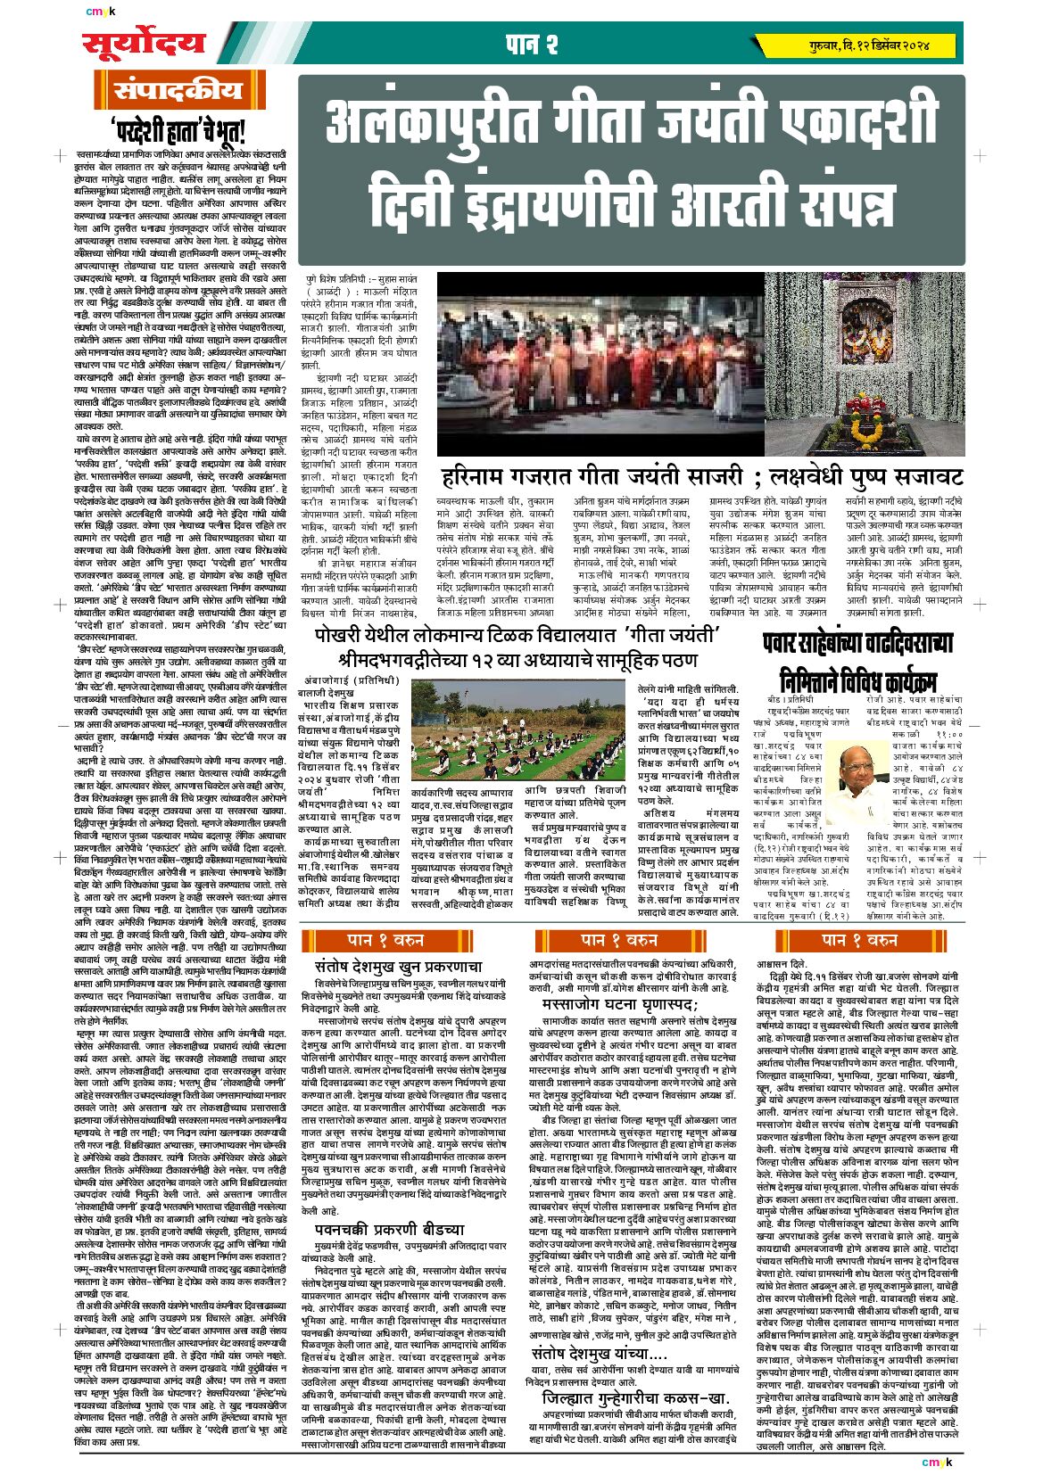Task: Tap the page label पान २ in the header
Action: [x=532, y=43]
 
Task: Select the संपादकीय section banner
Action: [x=178, y=91]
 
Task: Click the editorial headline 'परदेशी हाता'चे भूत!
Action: [x=178, y=131]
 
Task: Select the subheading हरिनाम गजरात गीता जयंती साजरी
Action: [x=592, y=475]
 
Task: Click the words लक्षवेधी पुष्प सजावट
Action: [x=859, y=475]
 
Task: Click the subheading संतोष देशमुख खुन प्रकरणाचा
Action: [x=398, y=966]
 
